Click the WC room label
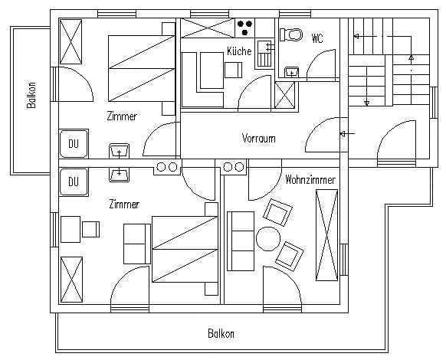click(x=317, y=38)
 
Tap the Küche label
click(x=239, y=51)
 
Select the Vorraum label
click(x=258, y=138)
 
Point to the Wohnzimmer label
click(x=310, y=180)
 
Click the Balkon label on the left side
click(x=31, y=95)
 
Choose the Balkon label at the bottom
click(x=221, y=333)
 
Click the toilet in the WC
click(x=290, y=34)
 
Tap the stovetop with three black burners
click(x=245, y=28)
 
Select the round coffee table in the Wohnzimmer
click(x=268, y=239)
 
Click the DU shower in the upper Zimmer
click(x=74, y=143)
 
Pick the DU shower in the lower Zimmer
click(x=74, y=182)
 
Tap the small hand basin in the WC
click(x=291, y=73)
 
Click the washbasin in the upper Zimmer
click(x=120, y=151)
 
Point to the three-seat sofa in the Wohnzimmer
click(x=241, y=241)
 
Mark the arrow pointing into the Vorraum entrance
click(x=347, y=133)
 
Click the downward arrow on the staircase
click(x=367, y=86)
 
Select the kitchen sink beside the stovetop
click(x=265, y=54)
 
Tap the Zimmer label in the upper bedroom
click(x=122, y=116)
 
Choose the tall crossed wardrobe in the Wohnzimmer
click(x=326, y=235)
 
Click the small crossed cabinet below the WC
click(x=285, y=95)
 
